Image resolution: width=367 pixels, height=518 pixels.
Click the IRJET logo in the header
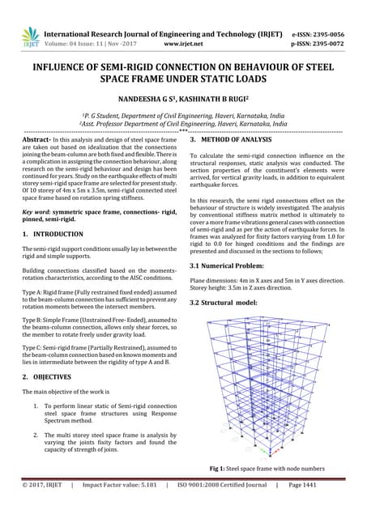click(30, 36)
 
